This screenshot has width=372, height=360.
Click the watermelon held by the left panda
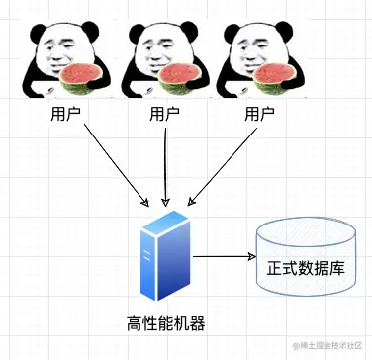(78, 78)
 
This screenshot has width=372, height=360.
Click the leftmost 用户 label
(67, 114)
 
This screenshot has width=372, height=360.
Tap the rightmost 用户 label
(259, 114)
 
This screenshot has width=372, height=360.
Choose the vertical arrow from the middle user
(165, 163)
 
